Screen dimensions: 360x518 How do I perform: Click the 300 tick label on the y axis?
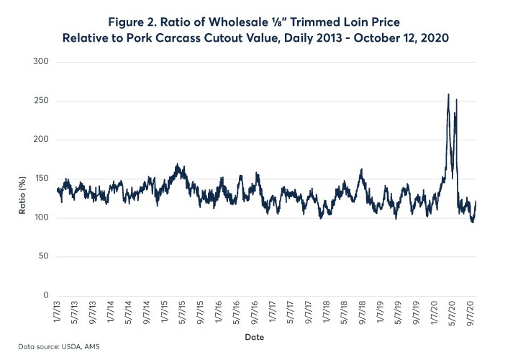41,62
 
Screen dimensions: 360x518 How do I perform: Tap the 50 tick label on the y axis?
43,256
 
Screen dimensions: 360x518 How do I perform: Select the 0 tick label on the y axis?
45,295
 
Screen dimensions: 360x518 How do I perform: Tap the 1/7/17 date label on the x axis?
273,311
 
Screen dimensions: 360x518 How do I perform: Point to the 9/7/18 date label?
363,311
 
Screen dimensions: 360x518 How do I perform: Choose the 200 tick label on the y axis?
41,140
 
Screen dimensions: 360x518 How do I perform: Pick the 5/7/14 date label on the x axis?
130,311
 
